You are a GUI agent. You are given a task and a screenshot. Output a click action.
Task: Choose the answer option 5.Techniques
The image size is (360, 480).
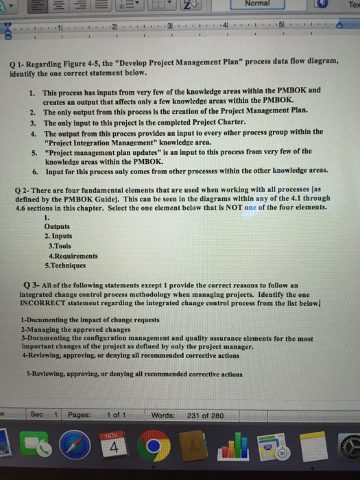coord(66,265)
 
